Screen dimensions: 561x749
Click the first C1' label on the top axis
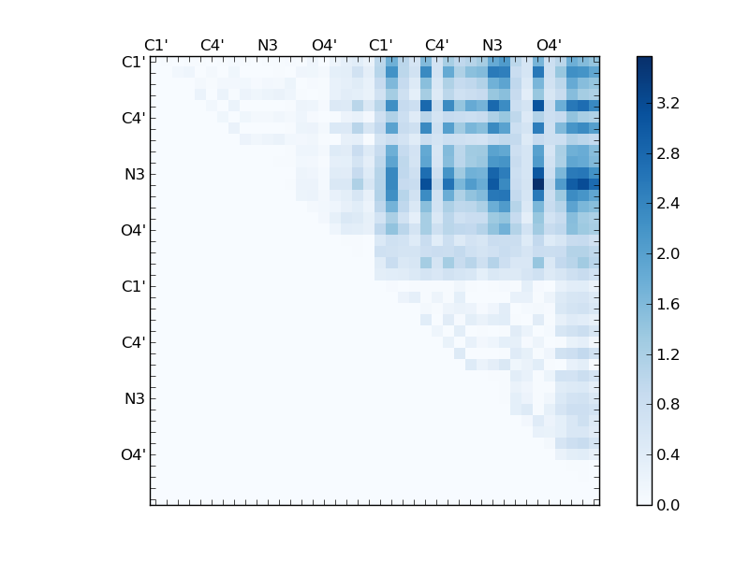(x=155, y=45)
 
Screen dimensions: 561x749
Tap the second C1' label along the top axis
(x=380, y=45)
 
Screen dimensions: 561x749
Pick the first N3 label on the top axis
(x=268, y=45)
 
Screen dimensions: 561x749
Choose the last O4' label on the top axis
(x=549, y=45)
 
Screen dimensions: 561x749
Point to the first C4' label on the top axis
(x=212, y=45)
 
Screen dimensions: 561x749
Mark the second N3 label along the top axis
(x=492, y=45)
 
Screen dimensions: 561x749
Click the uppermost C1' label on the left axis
(x=133, y=63)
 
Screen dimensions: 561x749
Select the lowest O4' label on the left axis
(x=133, y=455)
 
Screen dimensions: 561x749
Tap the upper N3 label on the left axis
(x=135, y=175)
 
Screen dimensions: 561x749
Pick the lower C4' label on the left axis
(x=133, y=343)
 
